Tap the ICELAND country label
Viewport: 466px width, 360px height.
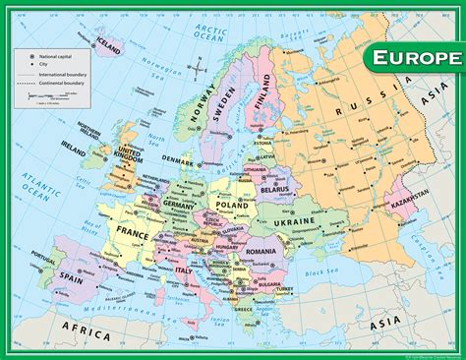tap(109, 46)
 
